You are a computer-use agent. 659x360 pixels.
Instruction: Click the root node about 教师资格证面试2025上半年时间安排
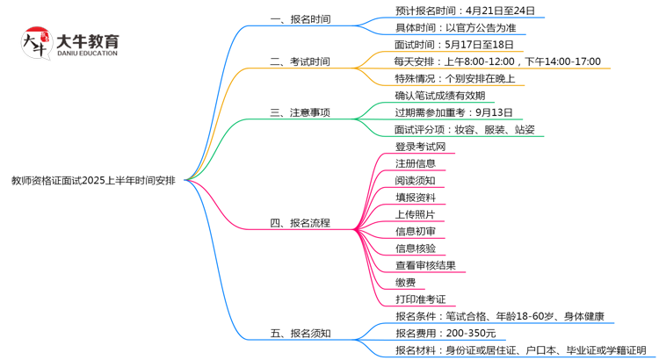(92, 180)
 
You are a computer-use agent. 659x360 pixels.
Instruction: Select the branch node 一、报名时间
(300, 18)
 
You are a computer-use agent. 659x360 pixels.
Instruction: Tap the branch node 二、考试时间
(300, 61)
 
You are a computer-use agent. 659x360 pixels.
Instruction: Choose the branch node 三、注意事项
(300, 112)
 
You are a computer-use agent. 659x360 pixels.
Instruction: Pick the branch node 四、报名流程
(300, 223)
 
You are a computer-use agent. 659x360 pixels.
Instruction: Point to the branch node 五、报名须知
(300, 334)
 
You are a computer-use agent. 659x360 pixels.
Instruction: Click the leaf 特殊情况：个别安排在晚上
(454, 79)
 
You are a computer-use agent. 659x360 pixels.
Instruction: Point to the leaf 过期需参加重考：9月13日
(454, 112)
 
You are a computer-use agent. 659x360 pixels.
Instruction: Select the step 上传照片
(415, 214)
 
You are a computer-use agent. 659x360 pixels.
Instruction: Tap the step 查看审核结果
(425, 265)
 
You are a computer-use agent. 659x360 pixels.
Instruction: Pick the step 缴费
(405, 282)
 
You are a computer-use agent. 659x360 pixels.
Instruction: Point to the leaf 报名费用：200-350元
(445, 334)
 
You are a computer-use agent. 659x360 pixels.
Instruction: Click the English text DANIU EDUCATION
(86, 53)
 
